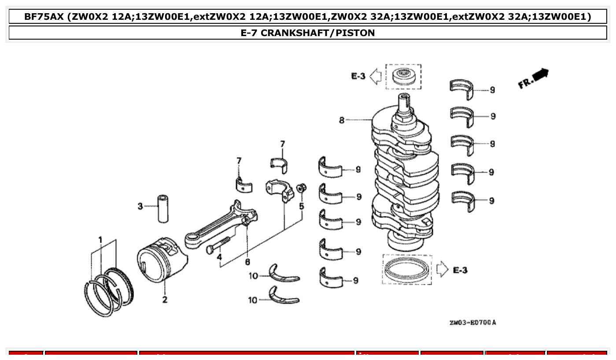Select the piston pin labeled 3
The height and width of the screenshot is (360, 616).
click(165, 206)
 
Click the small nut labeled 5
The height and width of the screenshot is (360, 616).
click(301, 188)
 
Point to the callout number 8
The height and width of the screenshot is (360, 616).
click(342, 120)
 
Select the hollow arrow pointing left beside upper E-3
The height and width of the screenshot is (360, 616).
click(375, 76)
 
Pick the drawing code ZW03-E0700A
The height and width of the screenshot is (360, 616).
click(472, 323)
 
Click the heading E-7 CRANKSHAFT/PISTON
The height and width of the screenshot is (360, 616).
click(308, 33)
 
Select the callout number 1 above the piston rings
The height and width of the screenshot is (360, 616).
click(100, 240)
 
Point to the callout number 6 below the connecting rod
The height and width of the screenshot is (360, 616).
click(247, 262)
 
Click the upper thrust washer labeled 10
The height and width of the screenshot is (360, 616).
click(284, 274)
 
